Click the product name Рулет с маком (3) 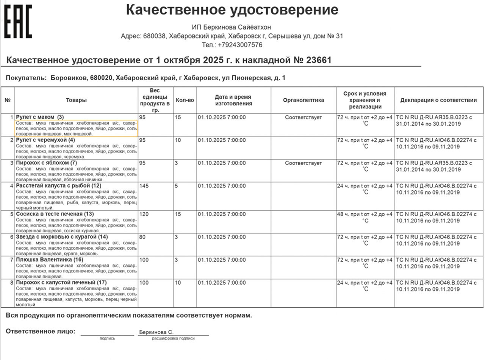click(40, 117)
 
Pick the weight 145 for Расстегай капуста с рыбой click(144, 186)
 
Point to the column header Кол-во click(185, 100)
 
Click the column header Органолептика click(304, 100)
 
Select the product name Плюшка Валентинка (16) click(49, 260)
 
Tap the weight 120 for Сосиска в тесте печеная click(144, 214)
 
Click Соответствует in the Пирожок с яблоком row click(303, 163)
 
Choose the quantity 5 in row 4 click(176, 186)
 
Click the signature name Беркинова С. click(156, 332)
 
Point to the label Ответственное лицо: click(41, 331)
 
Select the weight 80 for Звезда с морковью click(142, 237)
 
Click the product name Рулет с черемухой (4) click(45, 140)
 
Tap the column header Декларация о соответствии click(438, 100)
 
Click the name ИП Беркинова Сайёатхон click(232, 27)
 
